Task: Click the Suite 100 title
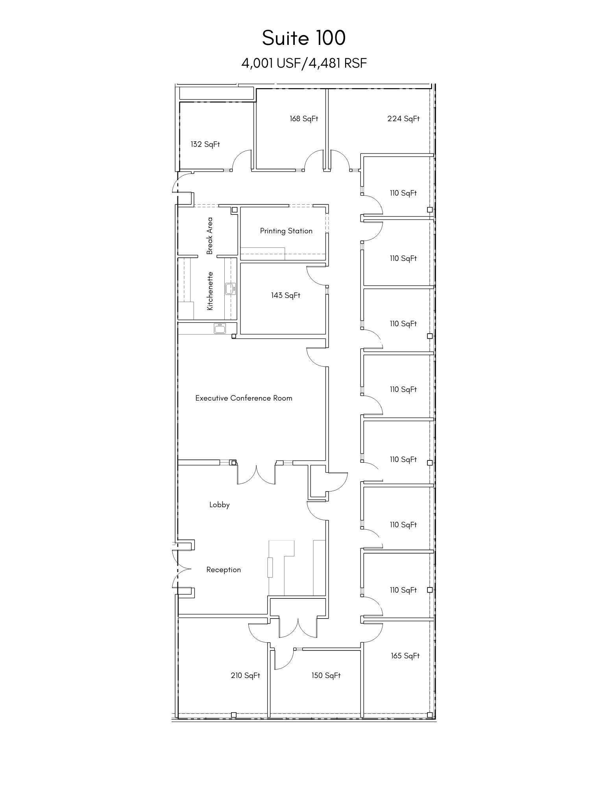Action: (x=304, y=38)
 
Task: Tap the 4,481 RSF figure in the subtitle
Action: (x=338, y=63)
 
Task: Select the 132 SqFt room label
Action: (x=205, y=144)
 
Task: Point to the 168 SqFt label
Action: (x=304, y=119)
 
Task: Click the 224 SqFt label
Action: (x=403, y=119)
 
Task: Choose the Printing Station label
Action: (x=286, y=231)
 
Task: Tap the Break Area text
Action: (x=210, y=235)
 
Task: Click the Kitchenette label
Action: (x=210, y=291)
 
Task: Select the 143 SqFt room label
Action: (x=285, y=296)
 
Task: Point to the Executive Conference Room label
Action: (x=244, y=398)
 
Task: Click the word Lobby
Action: (x=219, y=505)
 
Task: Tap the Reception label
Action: (x=224, y=570)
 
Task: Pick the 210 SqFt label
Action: (x=245, y=676)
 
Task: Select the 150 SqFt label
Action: (x=326, y=676)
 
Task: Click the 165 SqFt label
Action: (x=405, y=656)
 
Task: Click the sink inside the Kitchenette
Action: (x=230, y=289)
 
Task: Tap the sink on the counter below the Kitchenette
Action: (x=220, y=328)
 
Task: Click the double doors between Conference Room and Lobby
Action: (x=256, y=474)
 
